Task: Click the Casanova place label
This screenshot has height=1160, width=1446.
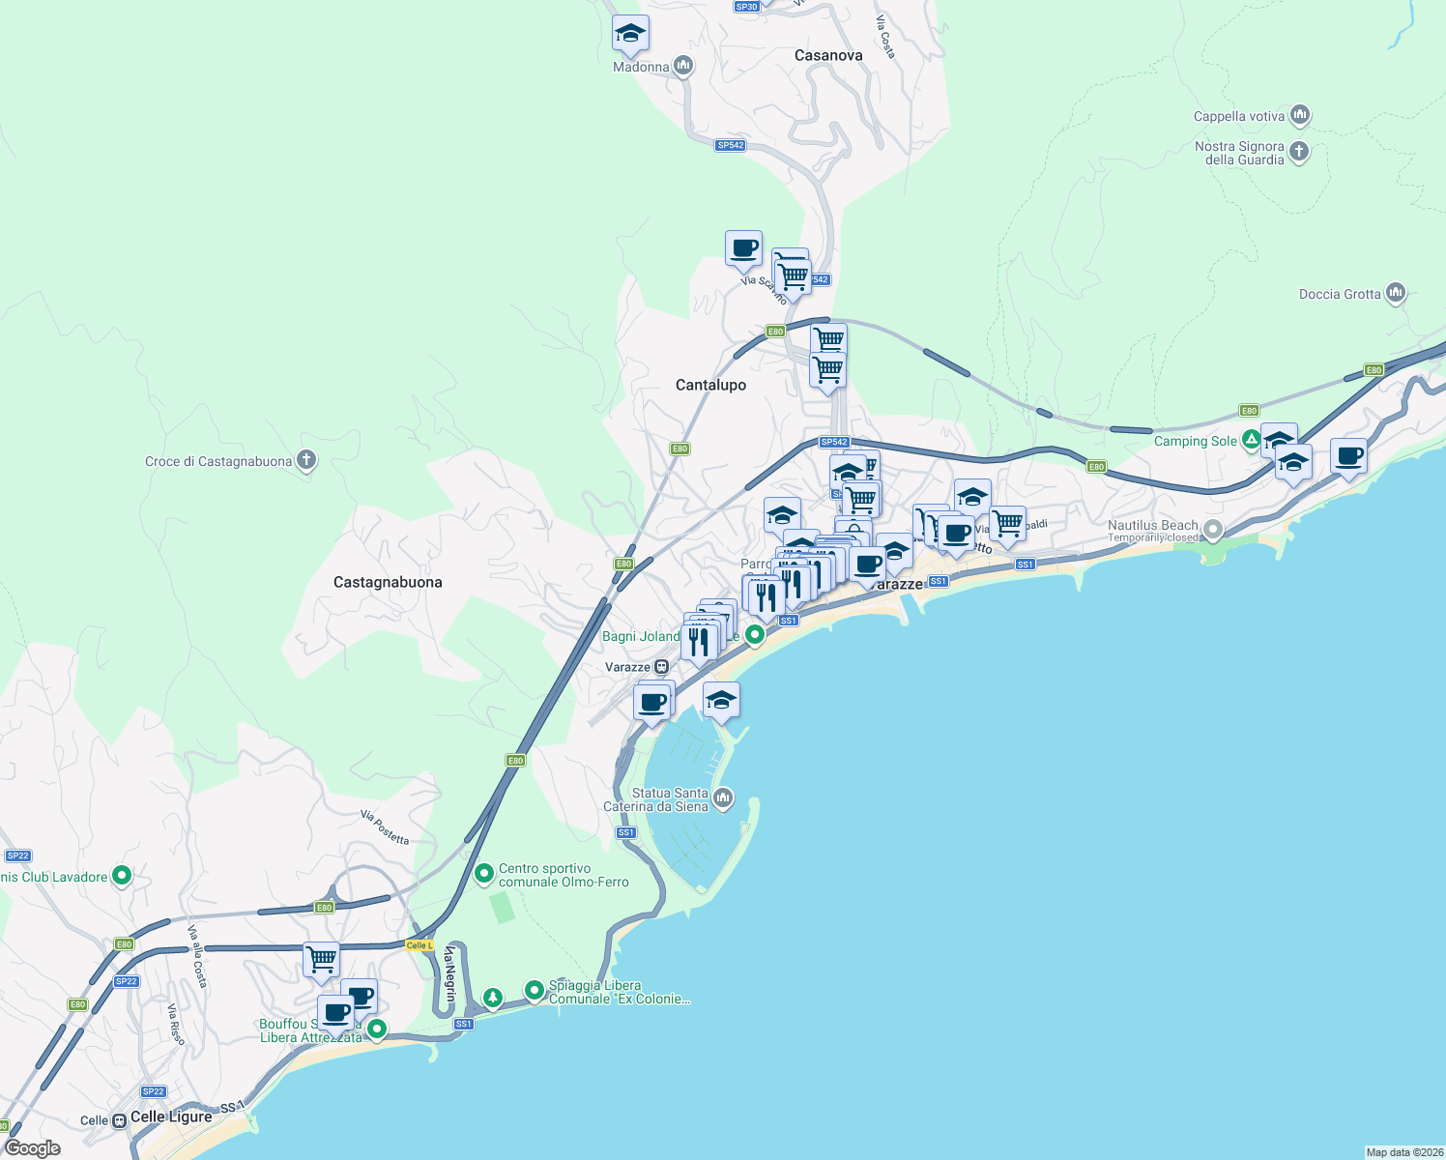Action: tap(827, 56)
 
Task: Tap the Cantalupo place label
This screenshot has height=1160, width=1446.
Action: tap(710, 385)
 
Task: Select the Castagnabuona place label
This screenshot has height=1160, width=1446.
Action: tap(388, 582)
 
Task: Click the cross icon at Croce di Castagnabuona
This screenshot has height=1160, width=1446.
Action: tap(306, 460)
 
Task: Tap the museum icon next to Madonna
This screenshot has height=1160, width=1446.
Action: tap(683, 66)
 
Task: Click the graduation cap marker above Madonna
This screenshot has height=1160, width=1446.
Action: tap(630, 35)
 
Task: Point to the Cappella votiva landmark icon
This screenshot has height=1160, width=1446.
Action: tap(1300, 116)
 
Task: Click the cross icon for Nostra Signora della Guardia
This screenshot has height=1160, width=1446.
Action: tap(1299, 151)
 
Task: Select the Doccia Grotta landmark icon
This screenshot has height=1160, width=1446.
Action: tap(1395, 293)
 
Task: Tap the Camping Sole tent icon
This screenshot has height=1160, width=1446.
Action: tap(1251, 440)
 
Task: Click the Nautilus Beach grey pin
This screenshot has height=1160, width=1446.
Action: tap(1213, 530)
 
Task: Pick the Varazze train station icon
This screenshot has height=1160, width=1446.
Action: tap(661, 667)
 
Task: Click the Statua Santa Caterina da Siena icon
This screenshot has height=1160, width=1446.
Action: tap(723, 798)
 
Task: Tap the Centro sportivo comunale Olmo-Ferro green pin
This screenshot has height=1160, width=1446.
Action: tap(484, 875)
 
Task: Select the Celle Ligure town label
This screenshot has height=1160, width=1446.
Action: tap(171, 1116)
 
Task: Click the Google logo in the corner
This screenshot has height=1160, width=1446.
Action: tap(33, 1147)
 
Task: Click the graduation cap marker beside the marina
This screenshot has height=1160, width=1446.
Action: tap(721, 700)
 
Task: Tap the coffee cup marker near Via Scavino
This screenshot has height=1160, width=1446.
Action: tap(743, 248)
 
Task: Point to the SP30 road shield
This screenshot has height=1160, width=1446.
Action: tap(746, 7)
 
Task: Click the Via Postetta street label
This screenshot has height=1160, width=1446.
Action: tap(385, 827)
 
